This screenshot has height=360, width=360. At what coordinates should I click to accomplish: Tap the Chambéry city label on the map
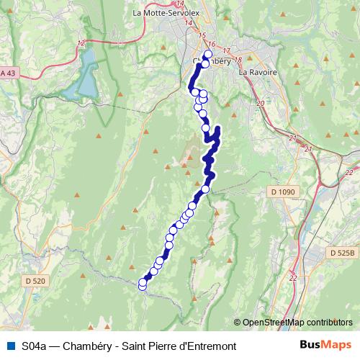[211, 62]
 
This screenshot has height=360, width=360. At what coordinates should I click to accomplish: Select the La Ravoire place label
[254, 72]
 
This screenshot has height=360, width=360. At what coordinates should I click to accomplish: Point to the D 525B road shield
[342, 253]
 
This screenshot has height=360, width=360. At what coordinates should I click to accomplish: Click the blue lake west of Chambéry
[81, 76]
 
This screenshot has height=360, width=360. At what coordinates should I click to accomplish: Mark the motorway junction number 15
[202, 36]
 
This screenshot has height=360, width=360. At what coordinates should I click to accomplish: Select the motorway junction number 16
[211, 45]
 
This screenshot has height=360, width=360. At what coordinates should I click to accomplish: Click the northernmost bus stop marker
[209, 55]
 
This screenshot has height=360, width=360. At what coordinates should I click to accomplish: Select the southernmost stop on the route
[142, 286]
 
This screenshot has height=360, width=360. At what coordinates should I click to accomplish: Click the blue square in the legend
[9, 346]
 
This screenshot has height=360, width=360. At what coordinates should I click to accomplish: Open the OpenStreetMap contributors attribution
[297, 323]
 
